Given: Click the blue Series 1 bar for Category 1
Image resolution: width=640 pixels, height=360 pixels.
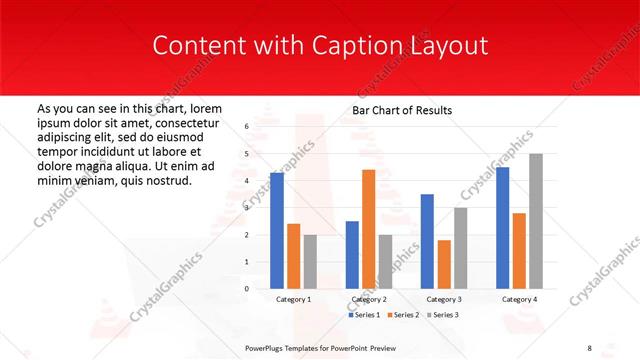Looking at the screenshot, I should (x=277, y=230).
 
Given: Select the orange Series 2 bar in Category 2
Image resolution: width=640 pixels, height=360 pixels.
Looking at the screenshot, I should (x=368, y=229).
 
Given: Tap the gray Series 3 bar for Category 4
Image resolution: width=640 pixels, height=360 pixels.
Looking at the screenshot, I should (x=536, y=221).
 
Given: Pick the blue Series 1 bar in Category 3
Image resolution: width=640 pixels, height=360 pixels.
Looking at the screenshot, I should (x=427, y=241).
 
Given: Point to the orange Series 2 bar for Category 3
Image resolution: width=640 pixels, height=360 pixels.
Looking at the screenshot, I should (x=444, y=264).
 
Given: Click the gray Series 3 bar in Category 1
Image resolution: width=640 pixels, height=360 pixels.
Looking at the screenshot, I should (x=310, y=261).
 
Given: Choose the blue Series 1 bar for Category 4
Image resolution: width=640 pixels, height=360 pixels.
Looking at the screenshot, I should (x=502, y=227).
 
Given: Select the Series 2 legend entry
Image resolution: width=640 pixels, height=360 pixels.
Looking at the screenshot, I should (x=403, y=315).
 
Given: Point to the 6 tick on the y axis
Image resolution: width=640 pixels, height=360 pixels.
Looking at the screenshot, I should (x=246, y=127).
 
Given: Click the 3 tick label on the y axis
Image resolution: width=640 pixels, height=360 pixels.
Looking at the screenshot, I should (x=246, y=208).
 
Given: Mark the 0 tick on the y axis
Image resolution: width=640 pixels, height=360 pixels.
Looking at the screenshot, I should (x=246, y=288).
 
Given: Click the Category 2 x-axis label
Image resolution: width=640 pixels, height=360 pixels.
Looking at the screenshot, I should (x=368, y=299).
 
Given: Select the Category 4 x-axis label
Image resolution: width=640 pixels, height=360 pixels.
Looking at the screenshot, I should (x=519, y=299).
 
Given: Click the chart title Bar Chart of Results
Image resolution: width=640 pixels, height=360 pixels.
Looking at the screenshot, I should (x=403, y=110).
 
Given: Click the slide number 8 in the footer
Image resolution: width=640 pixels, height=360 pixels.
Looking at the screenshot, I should (x=590, y=347).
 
